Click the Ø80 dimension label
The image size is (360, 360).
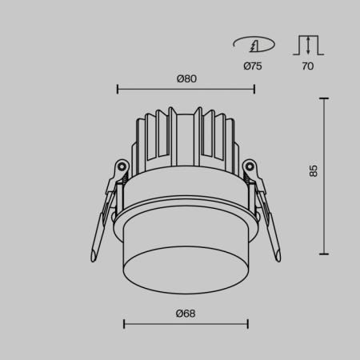tap(186, 78)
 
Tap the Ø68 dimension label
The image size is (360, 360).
tap(186, 313)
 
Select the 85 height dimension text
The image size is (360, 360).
tap(314, 170)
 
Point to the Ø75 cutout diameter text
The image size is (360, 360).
tap(252, 66)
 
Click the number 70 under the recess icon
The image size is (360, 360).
tap(307, 66)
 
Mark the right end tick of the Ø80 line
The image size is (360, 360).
tap(254, 90)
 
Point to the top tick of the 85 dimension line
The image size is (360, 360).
tap(323, 98)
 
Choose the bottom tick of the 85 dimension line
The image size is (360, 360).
tap(323, 253)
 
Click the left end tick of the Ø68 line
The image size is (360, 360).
tap(124, 324)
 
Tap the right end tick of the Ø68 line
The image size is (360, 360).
tap(247, 324)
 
